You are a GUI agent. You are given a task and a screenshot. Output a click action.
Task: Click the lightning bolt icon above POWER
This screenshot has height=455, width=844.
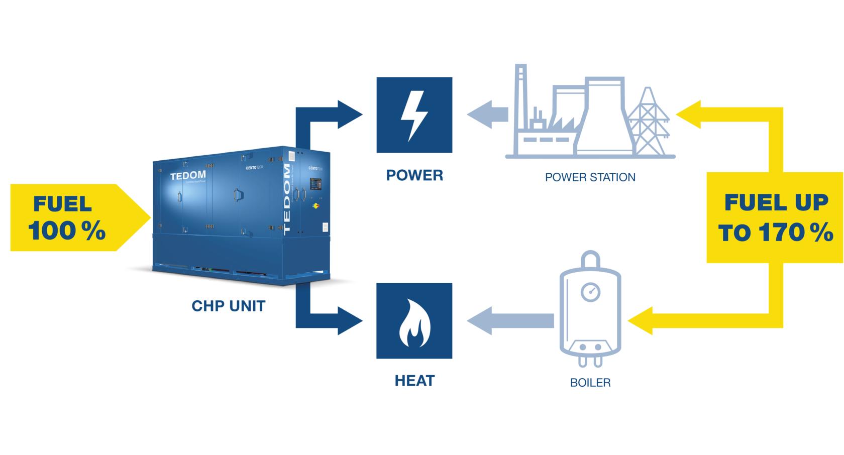point(414,115)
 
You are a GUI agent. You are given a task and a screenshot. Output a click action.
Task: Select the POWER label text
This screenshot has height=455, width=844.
point(414,175)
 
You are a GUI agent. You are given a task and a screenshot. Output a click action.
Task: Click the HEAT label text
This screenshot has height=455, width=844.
point(414,381)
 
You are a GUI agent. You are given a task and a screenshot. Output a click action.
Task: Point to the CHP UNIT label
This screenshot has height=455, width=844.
point(229,306)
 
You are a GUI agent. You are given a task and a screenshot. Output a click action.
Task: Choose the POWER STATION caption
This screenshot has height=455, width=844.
point(590,177)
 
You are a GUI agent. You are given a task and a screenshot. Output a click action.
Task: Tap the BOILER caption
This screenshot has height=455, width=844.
point(590,383)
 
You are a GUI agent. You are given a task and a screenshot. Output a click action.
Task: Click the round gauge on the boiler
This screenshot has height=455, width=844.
point(590,291)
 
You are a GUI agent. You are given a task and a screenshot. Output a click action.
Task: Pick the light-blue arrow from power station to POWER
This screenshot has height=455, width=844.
point(486,115)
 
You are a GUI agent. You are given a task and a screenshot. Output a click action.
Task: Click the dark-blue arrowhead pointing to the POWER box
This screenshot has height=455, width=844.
point(350,115)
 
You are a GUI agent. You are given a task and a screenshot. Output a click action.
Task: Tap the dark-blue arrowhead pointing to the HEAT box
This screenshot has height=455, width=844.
point(350,321)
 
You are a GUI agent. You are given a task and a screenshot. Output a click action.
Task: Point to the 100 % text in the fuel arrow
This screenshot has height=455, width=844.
point(67,232)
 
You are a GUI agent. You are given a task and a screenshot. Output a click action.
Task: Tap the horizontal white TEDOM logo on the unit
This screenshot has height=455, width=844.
point(187,176)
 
